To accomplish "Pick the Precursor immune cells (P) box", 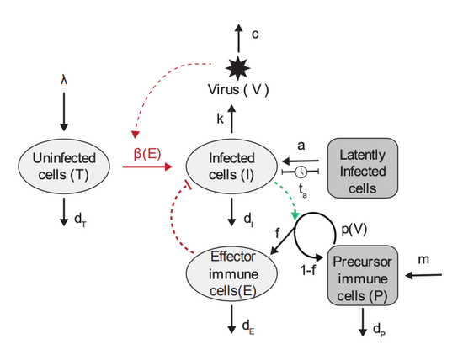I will click(365, 276).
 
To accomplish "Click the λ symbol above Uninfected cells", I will click(64, 81).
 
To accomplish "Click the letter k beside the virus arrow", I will click(220, 119).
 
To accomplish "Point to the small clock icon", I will click(301, 172).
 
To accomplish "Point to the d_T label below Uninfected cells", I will click(80, 220).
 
